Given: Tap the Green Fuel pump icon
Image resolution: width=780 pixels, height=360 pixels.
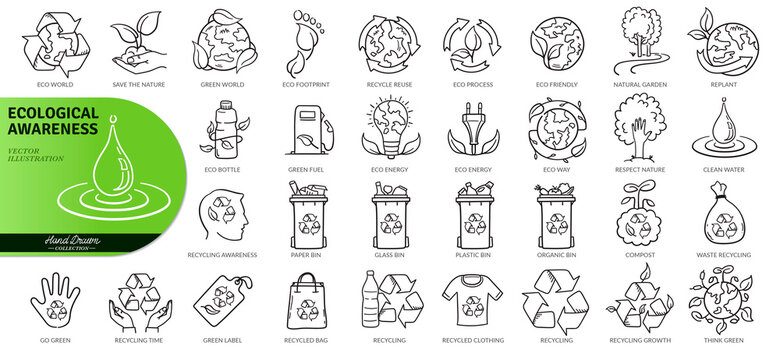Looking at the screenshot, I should click(x=305, y=130).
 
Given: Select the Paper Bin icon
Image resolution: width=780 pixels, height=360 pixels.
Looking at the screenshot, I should click(x=305, y=214).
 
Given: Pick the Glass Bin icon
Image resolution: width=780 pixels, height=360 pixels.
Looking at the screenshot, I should click(x=388, y=214).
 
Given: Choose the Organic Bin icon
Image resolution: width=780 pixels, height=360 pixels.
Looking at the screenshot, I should click(x=556, y=214).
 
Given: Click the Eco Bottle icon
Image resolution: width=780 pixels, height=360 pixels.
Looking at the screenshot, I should click(x=223, y=131).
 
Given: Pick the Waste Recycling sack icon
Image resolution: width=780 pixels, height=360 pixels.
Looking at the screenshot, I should click(x=722, y=216).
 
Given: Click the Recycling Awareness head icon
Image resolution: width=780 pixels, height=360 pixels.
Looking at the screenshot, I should click(x=223, y=215).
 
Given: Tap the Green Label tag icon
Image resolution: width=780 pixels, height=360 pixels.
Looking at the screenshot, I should click(x=223, y=299).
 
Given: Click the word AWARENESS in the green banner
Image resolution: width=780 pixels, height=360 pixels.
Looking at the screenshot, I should click(x=54, y=129).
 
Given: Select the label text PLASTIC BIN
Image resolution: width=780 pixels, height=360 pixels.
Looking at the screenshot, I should click(x=473, y=255).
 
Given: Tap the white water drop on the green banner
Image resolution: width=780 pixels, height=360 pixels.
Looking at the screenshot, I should click(x=91, y=174).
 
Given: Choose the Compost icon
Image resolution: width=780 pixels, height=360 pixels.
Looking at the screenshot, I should click(x=639, y=214).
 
